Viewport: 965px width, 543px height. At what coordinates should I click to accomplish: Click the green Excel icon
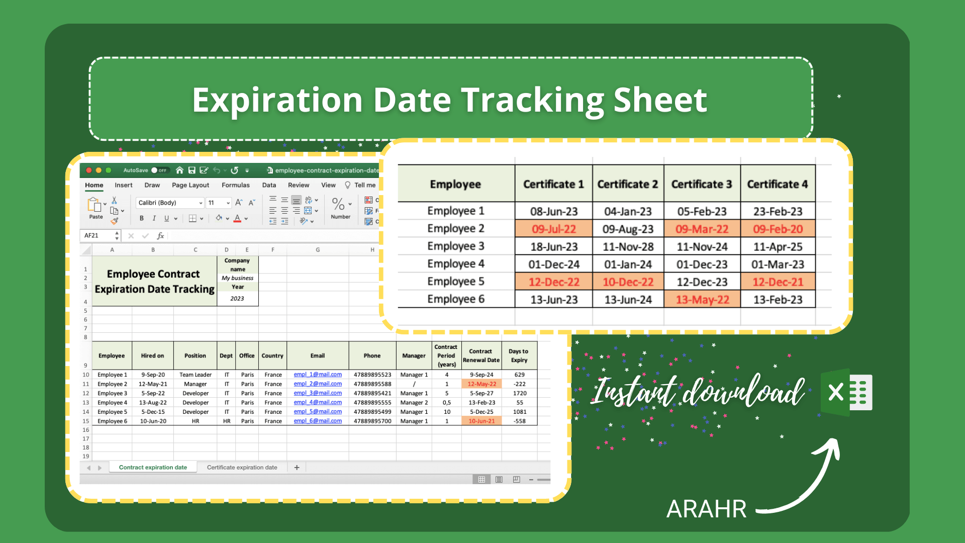pyautogui.click(x=846, y=392)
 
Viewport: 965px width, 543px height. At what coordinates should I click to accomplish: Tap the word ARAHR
pyautogui.click(x=706, y=509)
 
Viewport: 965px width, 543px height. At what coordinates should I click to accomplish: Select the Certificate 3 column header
pyautogui.click(x=702, y=184)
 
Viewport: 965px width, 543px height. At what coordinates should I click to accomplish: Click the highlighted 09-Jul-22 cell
pyautogui.click(x=554, y=229)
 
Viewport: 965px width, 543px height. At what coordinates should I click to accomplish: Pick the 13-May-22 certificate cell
pyautogui.click(x=702, y=300)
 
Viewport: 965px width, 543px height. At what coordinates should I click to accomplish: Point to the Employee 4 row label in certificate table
pyautogui.click(x=456, y=263)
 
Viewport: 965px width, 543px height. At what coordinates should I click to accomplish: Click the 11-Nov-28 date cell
pyautogui.click(x=628, y=246)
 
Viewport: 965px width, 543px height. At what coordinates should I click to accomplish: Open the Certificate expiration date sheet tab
pyautogui.click(x=242, y=467)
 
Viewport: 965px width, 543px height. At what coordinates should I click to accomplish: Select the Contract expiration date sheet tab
pyautogui.click(x=153, y=467)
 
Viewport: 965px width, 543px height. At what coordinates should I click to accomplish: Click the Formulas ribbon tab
pyautogui.click(x=236, y=185)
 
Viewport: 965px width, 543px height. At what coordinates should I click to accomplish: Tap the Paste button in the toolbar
pyautogui.click(x=95, y=208)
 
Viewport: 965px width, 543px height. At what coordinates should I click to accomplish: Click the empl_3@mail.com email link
pyautogui.click(x=318, y=393)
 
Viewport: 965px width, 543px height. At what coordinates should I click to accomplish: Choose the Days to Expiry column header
pyautogui.click(x=519, y=355)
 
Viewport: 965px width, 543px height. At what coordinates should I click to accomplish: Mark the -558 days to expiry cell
pyautogui.click(x=519, y=421)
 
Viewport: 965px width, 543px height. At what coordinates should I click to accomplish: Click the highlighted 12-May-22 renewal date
pyautogui.click(x=481, y=384)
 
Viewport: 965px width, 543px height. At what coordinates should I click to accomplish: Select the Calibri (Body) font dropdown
pyautogui.click(x=170, y=203)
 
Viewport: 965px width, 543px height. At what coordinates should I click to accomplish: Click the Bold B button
pyautogui.click(x=142, y=218)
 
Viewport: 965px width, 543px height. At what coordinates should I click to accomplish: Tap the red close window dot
pyautogui.click(x=89, y=170)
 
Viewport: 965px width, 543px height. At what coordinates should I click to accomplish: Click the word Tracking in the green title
pyautogui.click(x=532, y=100)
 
